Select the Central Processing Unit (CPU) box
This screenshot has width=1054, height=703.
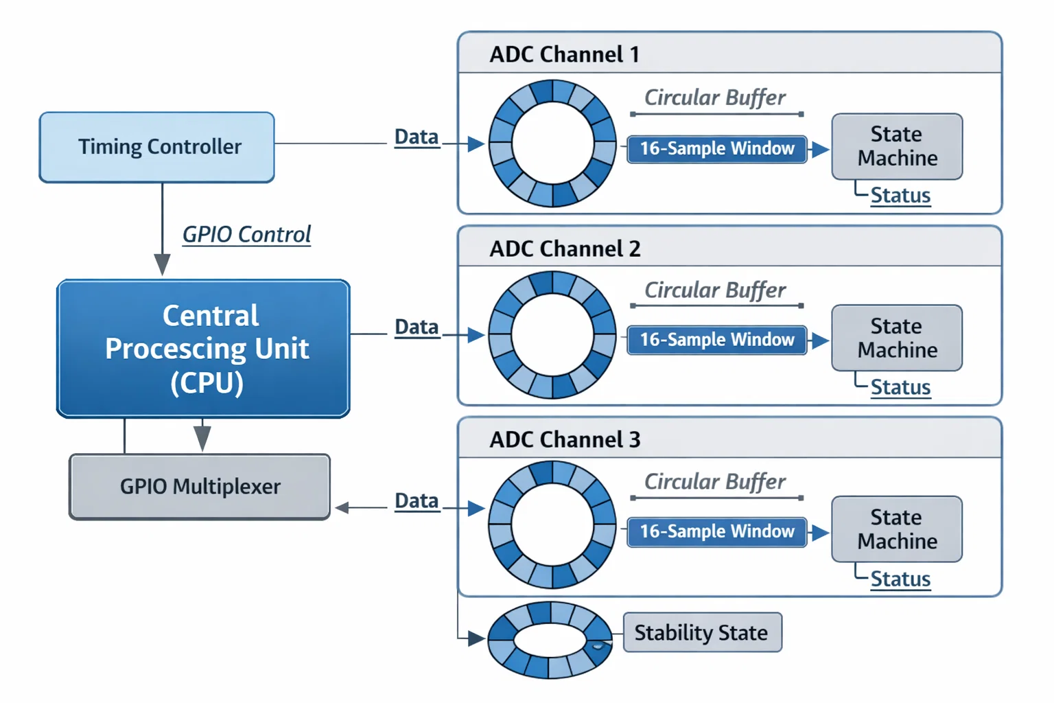coord(204,348)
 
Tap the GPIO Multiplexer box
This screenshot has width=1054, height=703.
coord(200,486)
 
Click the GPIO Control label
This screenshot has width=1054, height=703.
coord(246,235)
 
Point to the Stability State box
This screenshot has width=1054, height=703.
coord(702,632)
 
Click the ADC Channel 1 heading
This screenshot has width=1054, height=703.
coord(564,54)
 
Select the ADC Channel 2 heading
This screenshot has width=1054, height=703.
coord(565,249)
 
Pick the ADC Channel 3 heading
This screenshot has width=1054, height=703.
coord(565,439)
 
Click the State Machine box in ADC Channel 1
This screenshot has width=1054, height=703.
coord(897,146)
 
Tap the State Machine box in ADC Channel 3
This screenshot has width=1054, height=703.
coord(897,529)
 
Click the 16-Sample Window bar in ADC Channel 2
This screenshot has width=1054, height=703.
coord(716,340)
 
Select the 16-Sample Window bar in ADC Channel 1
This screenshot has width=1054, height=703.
coord(716,148)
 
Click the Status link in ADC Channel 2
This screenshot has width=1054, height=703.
coord(900,388)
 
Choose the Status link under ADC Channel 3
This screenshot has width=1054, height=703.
coord(900,579)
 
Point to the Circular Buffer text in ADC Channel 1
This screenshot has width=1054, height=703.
coord(714,97)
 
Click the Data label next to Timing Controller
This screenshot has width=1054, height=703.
coord(417,137)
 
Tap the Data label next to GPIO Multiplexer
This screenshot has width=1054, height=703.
coord(417,501)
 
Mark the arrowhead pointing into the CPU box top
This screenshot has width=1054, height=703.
coord(162,264)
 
